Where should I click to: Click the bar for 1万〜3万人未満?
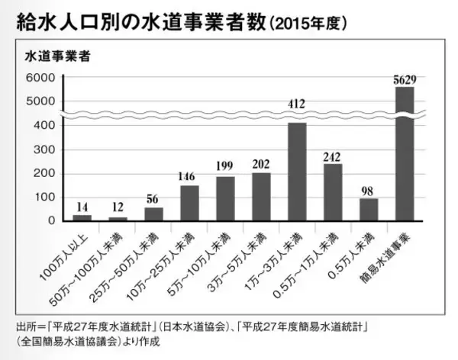click(x=296, y=172)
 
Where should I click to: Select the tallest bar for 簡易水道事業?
click(x=405, y=153)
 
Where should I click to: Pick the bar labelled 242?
click(x=333, y=192)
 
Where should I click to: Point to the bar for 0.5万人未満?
click(x=369, y=209)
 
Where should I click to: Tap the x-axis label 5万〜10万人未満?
click(x=210, y=255)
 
